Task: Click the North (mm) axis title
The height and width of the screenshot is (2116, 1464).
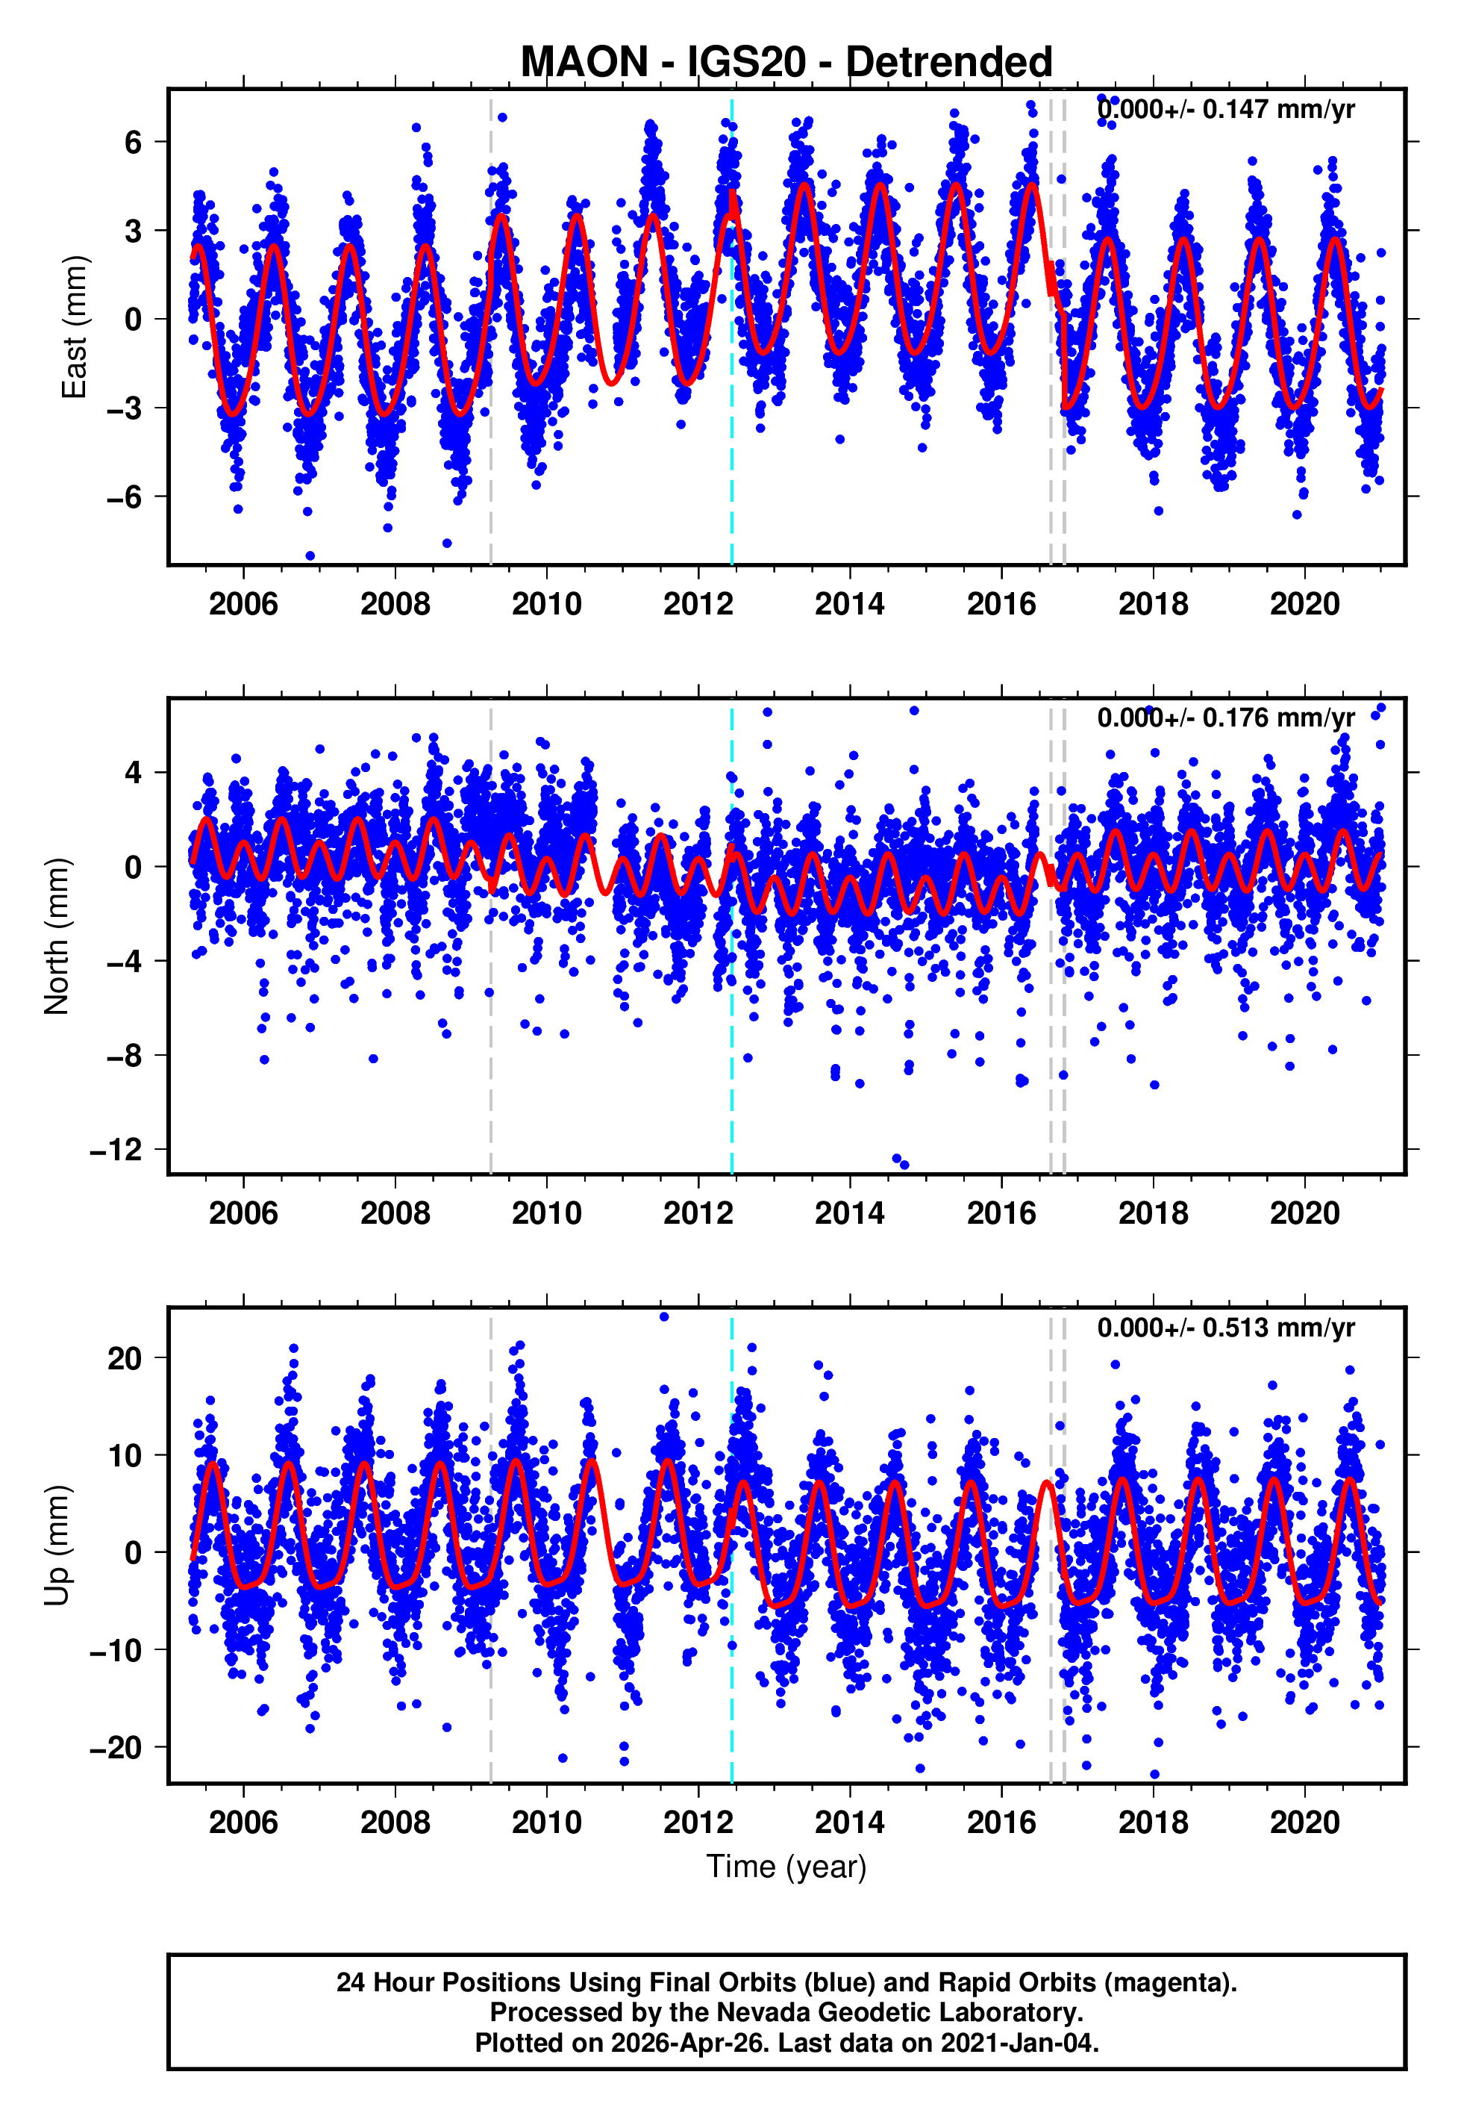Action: click(x=57, y=936)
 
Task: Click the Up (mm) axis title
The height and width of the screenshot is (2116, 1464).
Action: click(x=57, y=1546)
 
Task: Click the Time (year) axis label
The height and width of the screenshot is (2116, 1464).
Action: click(x=786, y=1867)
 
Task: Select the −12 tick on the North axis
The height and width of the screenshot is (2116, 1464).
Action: click(x=116, y=1149)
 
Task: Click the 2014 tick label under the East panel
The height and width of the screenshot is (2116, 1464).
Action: click(x=849, y=604)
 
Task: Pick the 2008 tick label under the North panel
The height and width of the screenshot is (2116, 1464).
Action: click(x=395, y=1213)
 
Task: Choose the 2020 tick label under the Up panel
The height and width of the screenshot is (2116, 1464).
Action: click(x=1304, y=1823)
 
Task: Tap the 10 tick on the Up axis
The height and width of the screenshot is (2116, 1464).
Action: click(x=124, y=1455)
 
